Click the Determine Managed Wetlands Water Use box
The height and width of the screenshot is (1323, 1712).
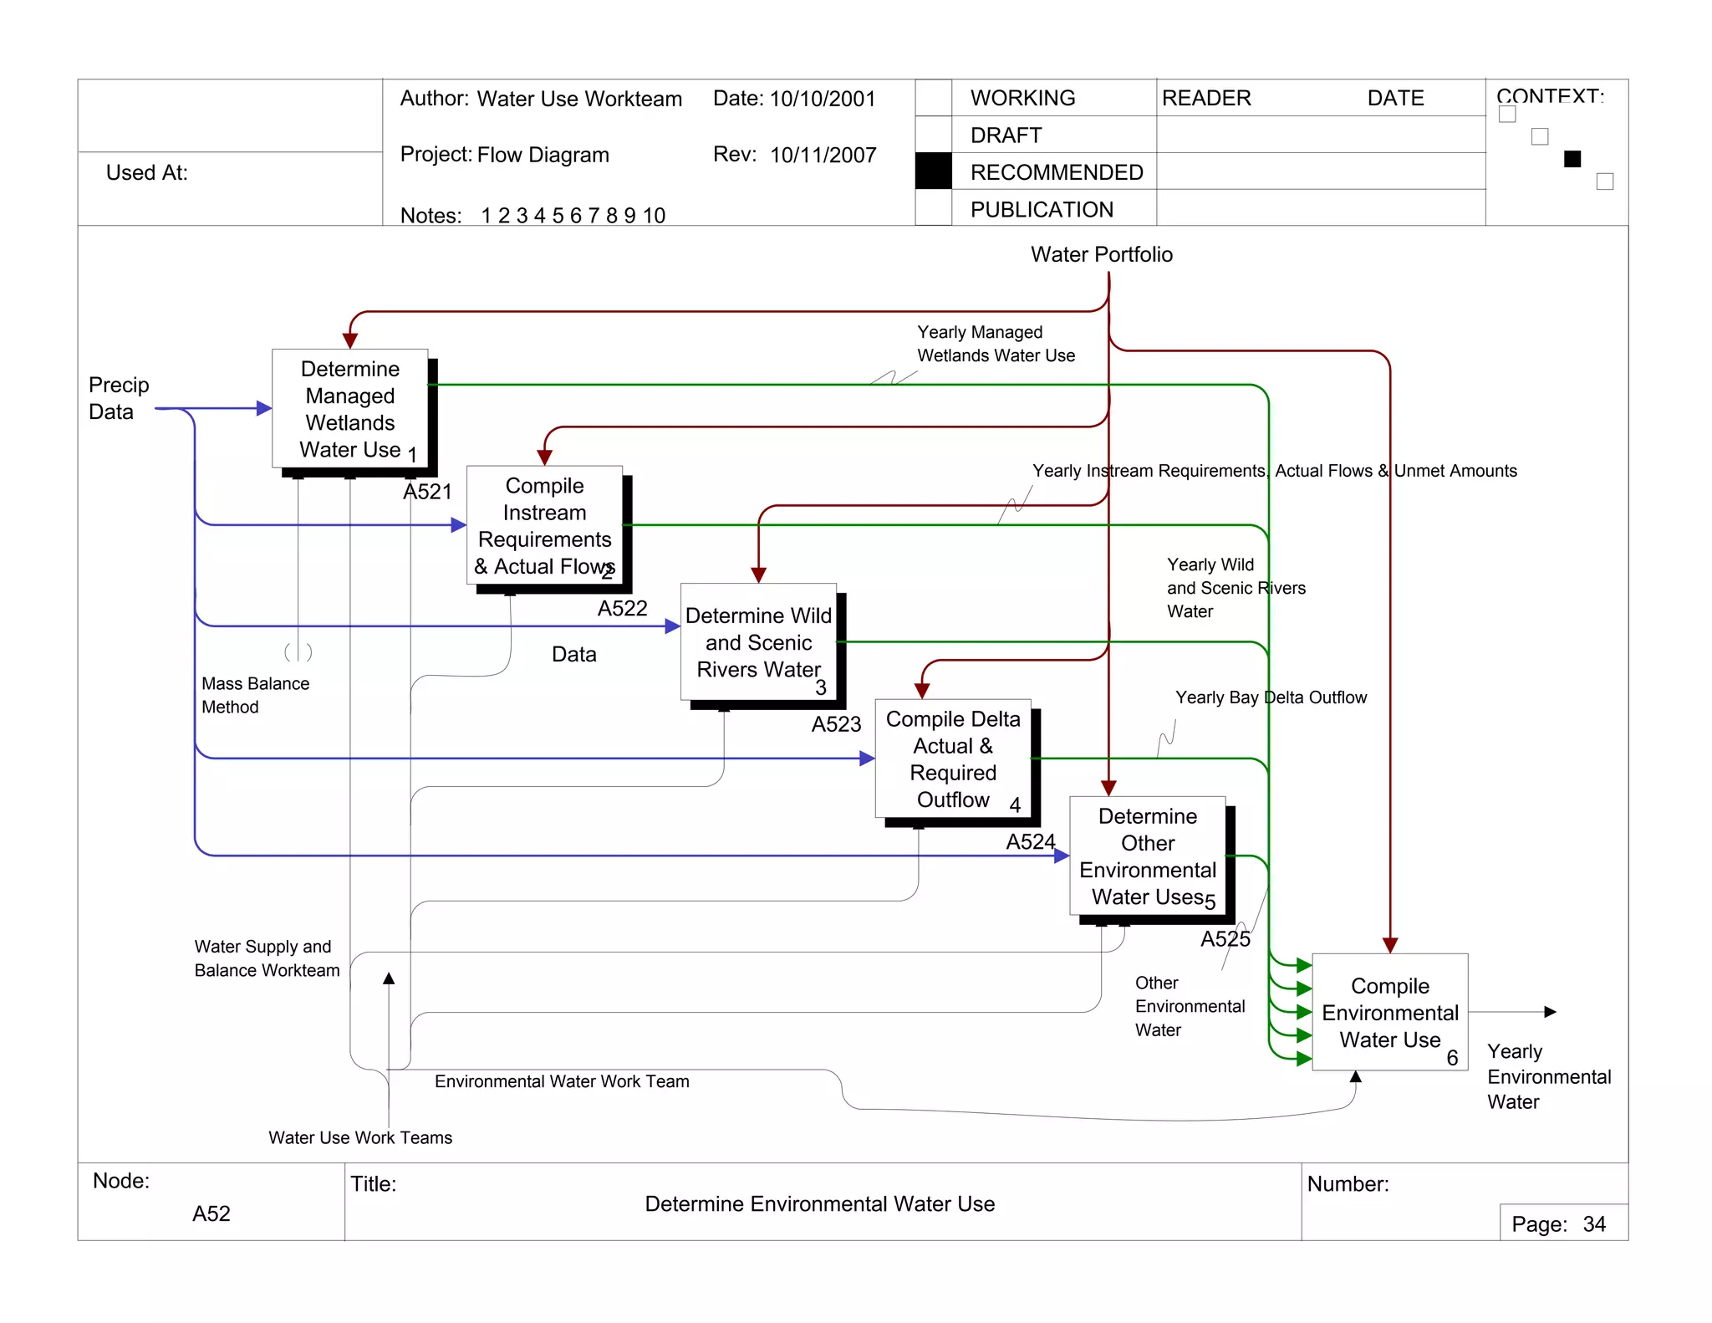[x=349, y=408]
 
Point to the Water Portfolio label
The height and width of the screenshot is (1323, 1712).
[x=1101, y=254]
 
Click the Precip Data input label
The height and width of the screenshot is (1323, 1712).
[x=118, y=398]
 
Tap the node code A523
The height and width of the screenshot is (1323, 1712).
[x=836, y=724]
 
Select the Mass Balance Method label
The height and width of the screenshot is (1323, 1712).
[x=254, y=695]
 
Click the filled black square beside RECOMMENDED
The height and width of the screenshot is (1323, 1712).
[x=933, y=171]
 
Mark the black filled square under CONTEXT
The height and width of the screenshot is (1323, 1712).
[x=1572, y=159]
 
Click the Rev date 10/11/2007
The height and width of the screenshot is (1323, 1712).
[x=823, y=155]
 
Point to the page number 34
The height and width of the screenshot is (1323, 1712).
[x=1593, y=1224]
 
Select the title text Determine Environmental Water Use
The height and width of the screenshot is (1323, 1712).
[x=819, y=1203]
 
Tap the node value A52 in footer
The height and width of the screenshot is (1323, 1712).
[x=211, y=1213]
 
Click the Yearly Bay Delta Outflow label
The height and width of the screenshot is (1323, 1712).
[x=1270, y=697]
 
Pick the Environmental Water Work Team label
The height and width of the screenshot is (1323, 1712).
[x=562, y=1081]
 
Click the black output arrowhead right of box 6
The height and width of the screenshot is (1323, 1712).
[x=1550, y=1012]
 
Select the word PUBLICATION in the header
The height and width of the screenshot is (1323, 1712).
[x=1041, y=209]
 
